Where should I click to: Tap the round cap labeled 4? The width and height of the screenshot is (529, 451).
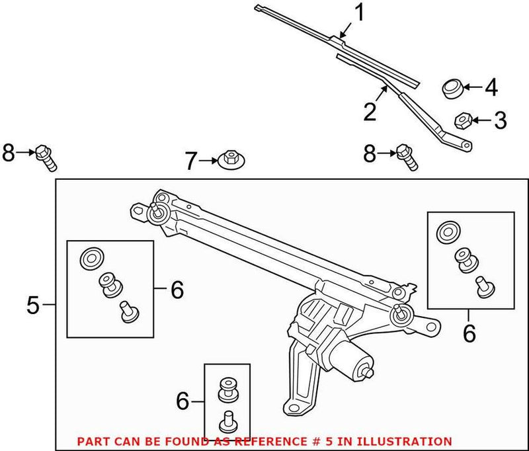click(452, 88)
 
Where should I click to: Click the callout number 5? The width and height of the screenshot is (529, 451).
click(35, 305)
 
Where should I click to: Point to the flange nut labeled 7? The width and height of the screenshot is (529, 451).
click(229, 159)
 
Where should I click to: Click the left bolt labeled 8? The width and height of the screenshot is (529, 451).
click(47, 156)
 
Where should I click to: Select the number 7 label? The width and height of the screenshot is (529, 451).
click(190, 161)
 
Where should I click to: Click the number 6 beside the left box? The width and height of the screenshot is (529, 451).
click(176, 289)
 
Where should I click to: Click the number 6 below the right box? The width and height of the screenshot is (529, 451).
click(469, 333)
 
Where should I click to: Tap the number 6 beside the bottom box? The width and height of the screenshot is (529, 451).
click(183, 401)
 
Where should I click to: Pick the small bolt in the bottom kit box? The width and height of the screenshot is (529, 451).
click(229, 419)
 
